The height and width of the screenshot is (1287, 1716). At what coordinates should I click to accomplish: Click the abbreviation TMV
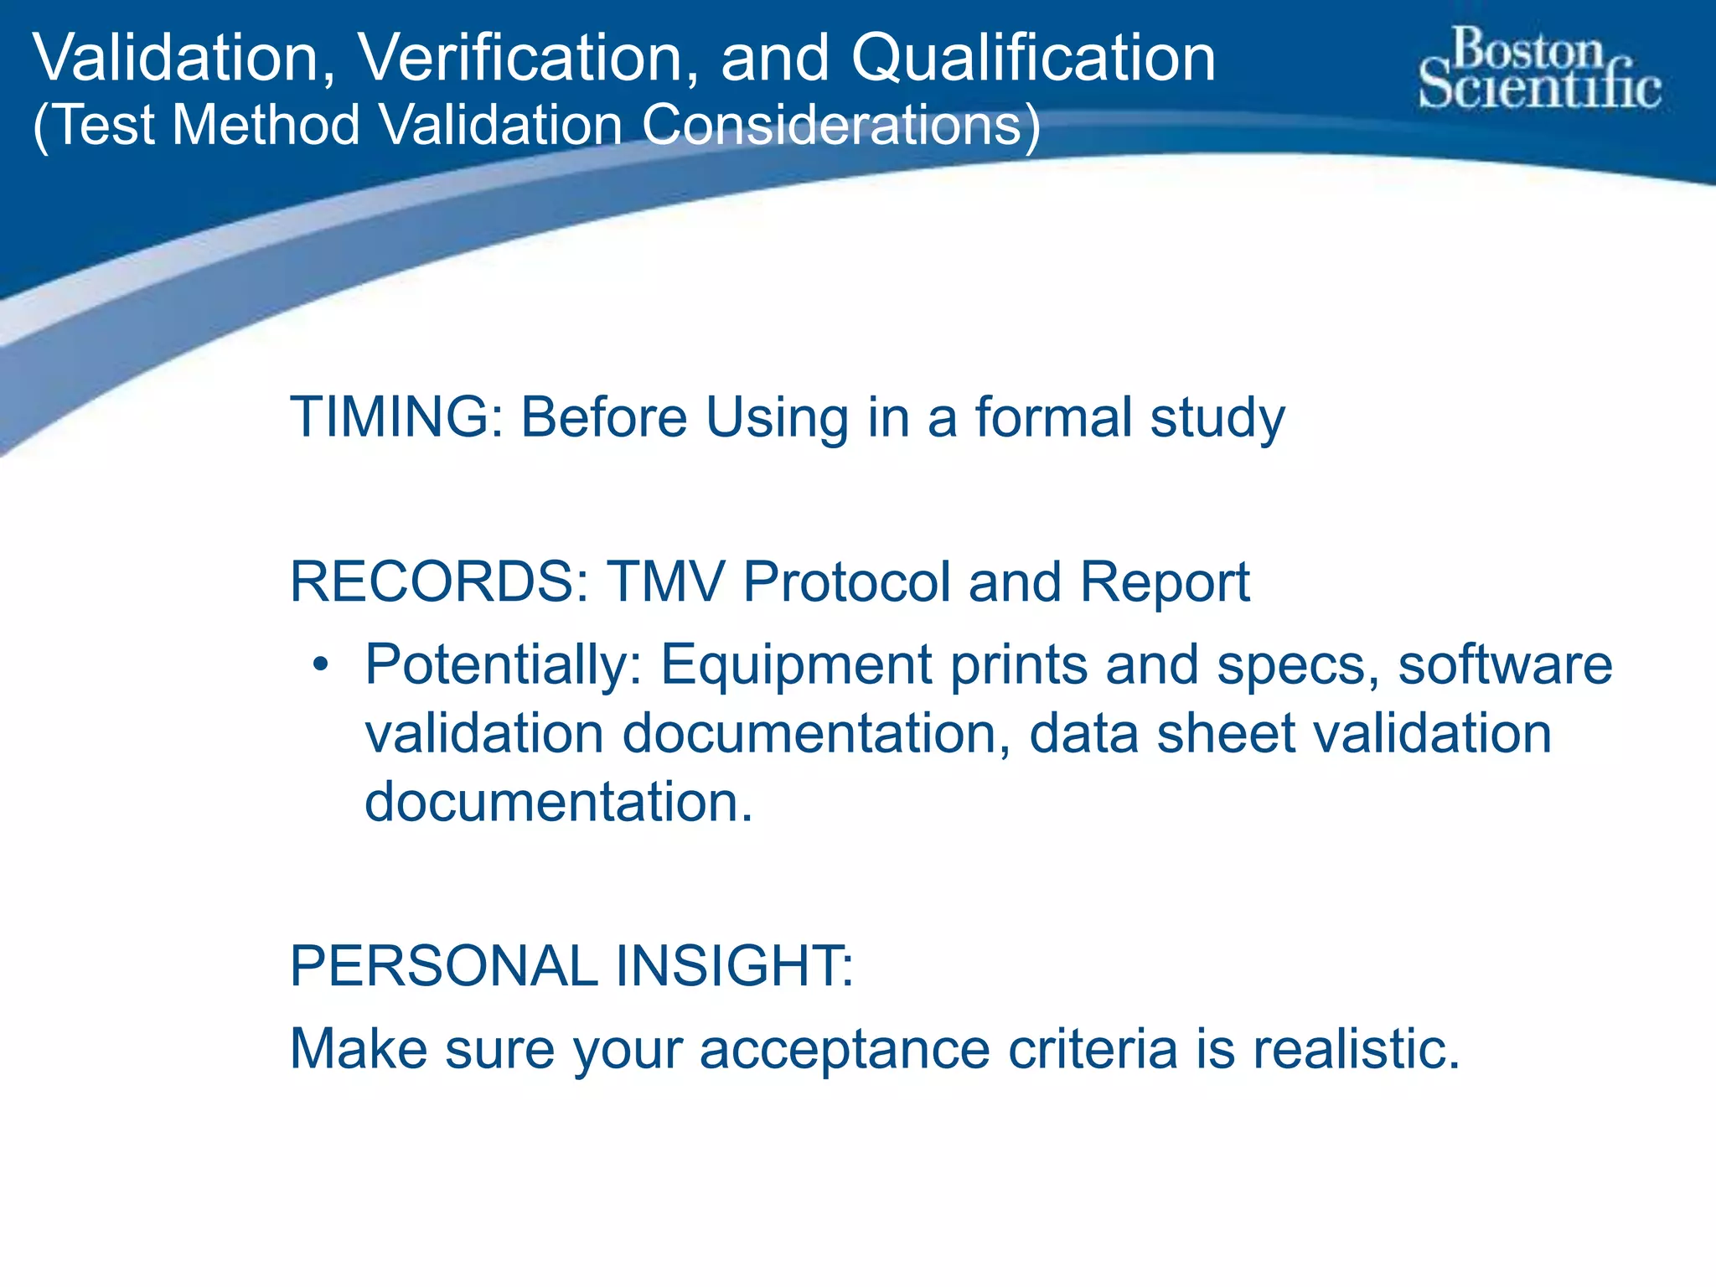[x=665, y=581]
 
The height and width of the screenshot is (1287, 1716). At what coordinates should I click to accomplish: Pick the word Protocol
[x=846, y=581]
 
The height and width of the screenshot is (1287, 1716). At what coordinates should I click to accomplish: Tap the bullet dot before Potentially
[x=319, y=666]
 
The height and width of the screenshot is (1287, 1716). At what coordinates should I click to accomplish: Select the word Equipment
[x=796, y=666]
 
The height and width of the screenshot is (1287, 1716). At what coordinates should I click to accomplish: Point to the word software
[x=1505, y=666]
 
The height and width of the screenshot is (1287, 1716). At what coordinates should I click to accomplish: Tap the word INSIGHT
[x=734, y=966]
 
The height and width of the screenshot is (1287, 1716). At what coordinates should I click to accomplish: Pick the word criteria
[x=1093, y=1049]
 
